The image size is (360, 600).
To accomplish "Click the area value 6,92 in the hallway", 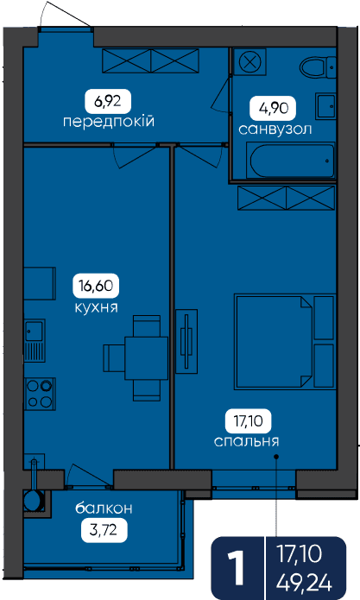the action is (108, 102).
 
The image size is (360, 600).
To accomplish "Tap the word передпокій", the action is (109, 122).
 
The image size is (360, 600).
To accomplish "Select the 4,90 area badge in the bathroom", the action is (273, 109).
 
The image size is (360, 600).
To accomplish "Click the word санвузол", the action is (275, 129).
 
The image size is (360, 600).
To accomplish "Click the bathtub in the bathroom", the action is (291, 160).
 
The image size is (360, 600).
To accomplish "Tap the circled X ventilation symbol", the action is (249, 61).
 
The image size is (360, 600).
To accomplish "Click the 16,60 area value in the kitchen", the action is (96, 286).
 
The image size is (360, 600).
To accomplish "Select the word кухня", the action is (96, 307).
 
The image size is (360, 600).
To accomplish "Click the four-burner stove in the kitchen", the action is (40, 394).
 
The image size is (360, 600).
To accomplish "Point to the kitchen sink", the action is (35, 340).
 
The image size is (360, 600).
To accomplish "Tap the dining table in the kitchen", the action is (147, 357).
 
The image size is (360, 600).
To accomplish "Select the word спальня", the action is (246, 441).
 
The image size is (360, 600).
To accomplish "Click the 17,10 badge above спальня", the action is (249, 421).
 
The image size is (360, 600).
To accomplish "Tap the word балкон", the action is (104, 508).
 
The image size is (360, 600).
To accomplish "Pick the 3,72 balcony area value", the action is (104, 531).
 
